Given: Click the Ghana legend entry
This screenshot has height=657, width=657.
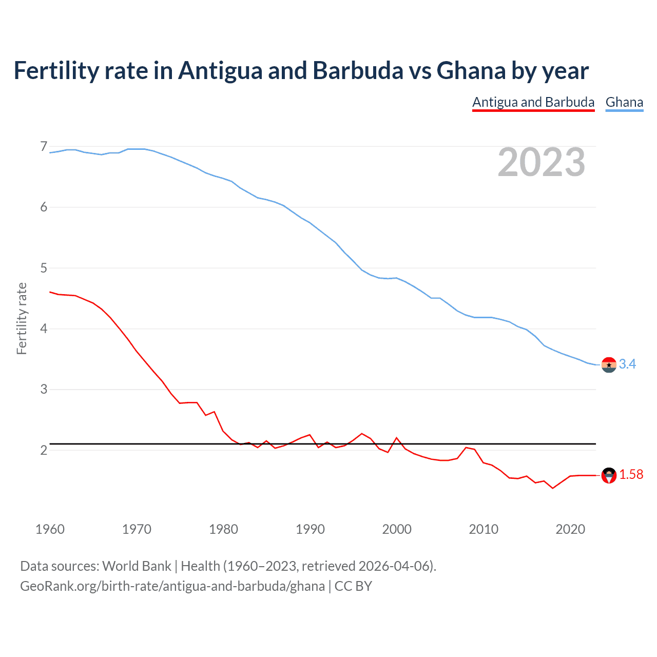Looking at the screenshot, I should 624,102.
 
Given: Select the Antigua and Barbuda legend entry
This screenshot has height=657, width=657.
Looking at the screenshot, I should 533,102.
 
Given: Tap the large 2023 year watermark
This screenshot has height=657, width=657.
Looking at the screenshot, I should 542,162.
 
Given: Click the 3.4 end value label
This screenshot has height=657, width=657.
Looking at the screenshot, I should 627,364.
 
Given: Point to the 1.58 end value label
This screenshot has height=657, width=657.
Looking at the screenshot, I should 631,475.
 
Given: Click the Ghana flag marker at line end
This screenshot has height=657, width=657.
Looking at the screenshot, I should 609,364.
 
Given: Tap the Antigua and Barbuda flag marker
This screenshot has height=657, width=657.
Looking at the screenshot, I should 609,475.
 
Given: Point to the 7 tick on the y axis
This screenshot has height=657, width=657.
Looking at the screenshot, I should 44,147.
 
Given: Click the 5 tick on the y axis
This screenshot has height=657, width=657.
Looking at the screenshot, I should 44,268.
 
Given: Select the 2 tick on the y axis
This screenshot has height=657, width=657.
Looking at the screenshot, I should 44,450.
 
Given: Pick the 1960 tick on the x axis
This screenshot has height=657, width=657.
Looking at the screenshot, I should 50,529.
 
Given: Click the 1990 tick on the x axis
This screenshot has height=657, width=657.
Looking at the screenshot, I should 310,529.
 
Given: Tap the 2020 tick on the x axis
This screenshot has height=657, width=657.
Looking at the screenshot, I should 570,529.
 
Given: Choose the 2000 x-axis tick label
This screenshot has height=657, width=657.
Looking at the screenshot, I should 397,529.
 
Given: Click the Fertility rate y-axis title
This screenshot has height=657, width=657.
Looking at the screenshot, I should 22,318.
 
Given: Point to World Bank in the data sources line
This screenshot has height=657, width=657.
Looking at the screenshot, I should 137,566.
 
